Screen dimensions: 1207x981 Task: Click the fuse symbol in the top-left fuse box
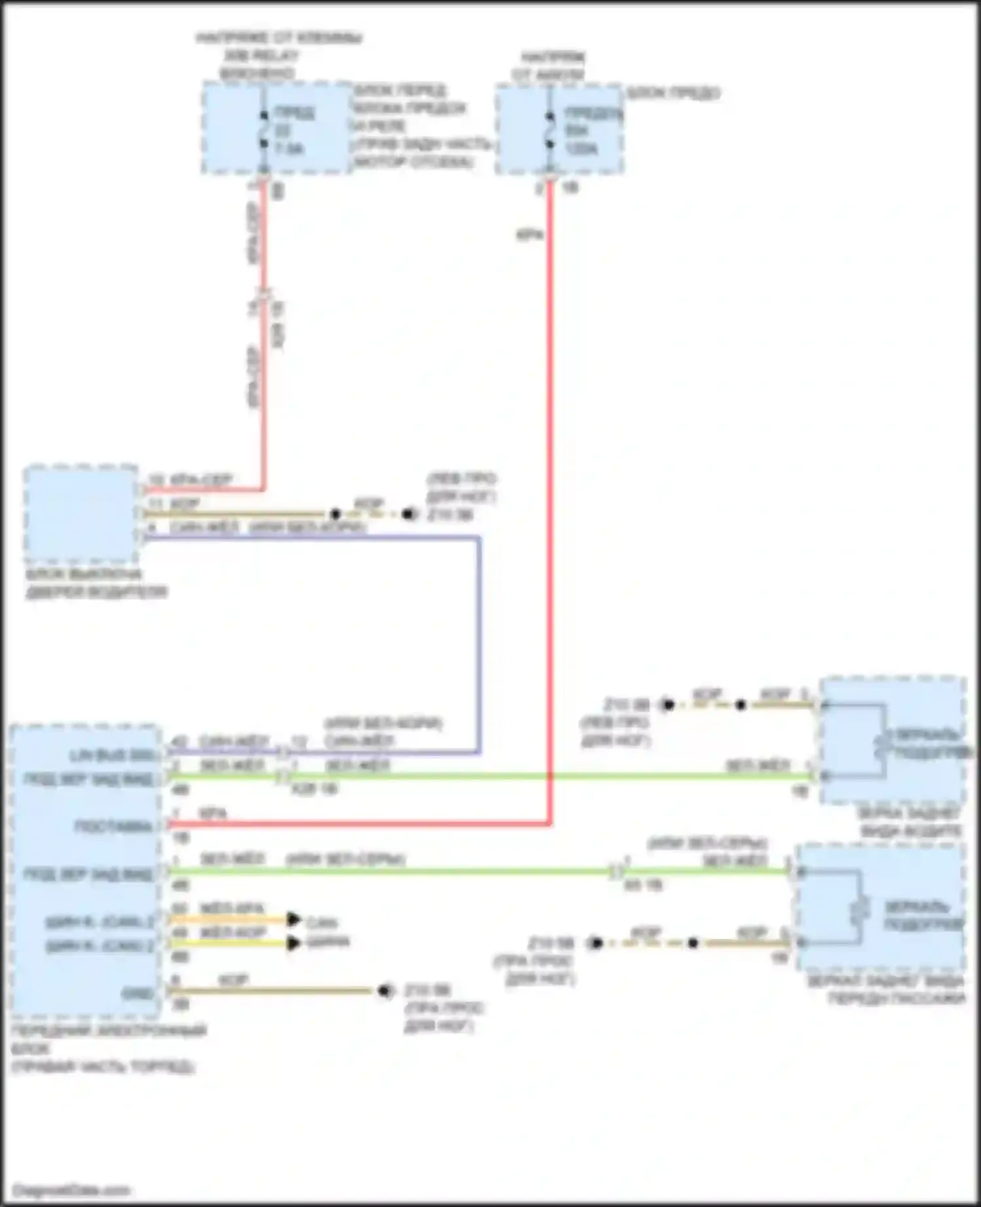pos(264,129)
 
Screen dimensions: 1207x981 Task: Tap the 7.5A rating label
pos(288,149)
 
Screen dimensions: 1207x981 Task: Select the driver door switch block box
pos(80,515)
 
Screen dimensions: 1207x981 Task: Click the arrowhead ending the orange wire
pos(293,920)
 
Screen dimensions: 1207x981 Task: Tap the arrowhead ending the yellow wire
pos(293,943)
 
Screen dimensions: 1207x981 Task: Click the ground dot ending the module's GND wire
pos(385,992)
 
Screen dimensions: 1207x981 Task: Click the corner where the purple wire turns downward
pos(479,538)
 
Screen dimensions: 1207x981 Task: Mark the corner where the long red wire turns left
pos(549,824)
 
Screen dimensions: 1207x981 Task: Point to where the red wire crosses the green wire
pos(549,777)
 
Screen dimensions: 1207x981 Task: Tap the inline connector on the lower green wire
pos(616,871)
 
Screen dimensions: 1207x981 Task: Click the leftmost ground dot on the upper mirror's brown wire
pos(667,705)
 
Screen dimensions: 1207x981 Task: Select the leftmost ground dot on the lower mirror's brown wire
pos(595,943)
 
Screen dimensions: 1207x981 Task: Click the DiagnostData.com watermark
pos(71,1189)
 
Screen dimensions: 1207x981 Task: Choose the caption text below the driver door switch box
pos(96,584)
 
